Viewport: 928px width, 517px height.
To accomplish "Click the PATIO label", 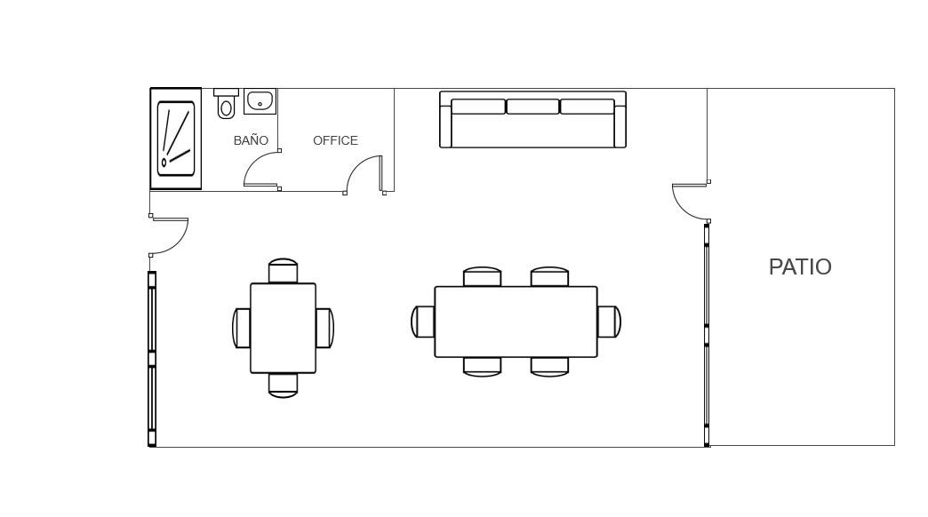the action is (800, 266).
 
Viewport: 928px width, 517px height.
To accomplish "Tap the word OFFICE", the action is (335, 140).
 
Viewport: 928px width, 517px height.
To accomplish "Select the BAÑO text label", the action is (251, 140).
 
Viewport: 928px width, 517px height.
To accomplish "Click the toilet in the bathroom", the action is (226, 104).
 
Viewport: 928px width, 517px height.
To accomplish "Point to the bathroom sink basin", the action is (260, 101).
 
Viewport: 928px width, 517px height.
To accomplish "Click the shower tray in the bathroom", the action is (176, 139).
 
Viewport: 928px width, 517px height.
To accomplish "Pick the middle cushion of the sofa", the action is (532, 107).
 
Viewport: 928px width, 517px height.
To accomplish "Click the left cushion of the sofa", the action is (478, 107).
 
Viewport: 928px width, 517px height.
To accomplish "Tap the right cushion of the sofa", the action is (587, 107).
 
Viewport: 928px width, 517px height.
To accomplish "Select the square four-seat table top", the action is (283, 329).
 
